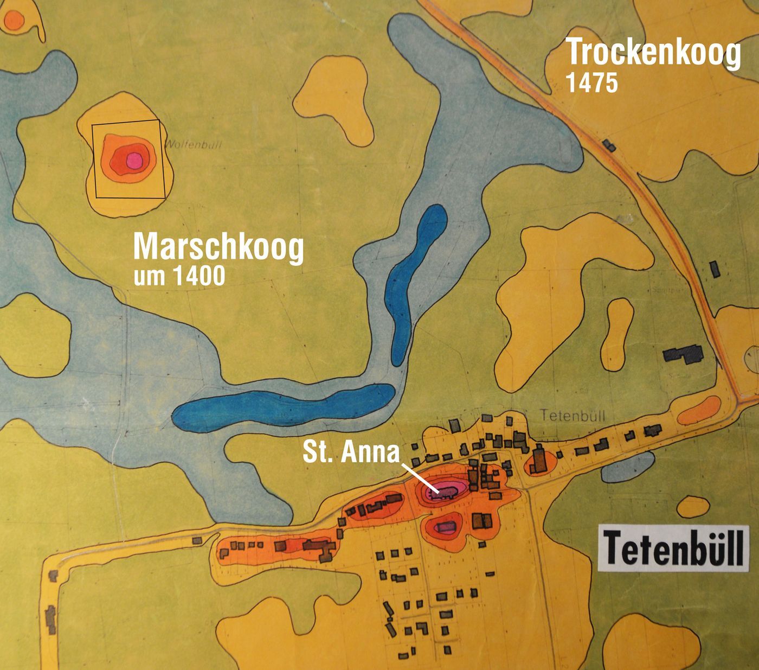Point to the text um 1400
(x=179, y=276)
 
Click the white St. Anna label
(x=351, y=453)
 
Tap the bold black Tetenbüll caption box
(x=673, y=547)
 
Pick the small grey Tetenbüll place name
(x=573, y=415)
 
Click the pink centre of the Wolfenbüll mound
(x=133, y=160)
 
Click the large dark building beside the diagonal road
(x=683, y=354)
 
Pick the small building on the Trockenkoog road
(x=609, y=144)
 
